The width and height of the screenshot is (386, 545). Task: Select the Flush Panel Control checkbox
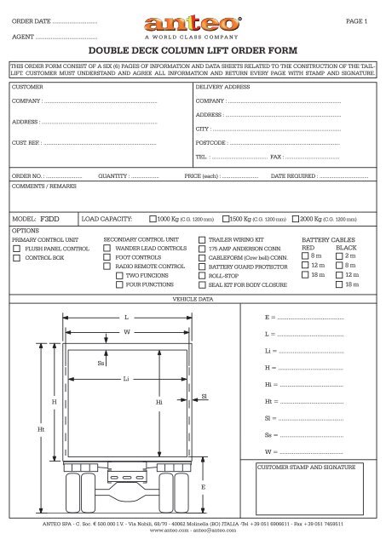pos(18,248)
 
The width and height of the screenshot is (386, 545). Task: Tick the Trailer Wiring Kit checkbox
pos(200,239)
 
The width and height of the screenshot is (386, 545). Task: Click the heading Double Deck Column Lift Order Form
pos(193,51)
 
